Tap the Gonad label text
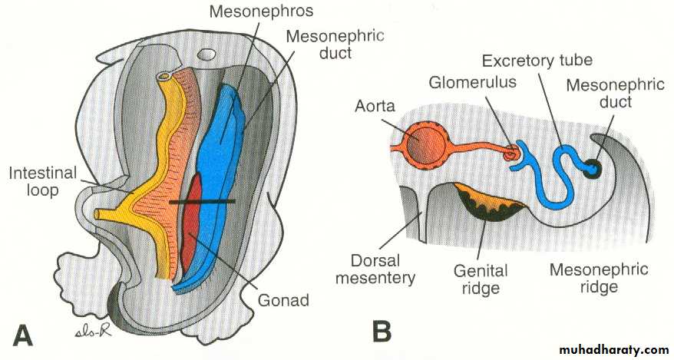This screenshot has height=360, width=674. pos(282,299)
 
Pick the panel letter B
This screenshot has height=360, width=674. pos(382,332)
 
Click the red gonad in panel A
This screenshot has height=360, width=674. pos(193,223)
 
